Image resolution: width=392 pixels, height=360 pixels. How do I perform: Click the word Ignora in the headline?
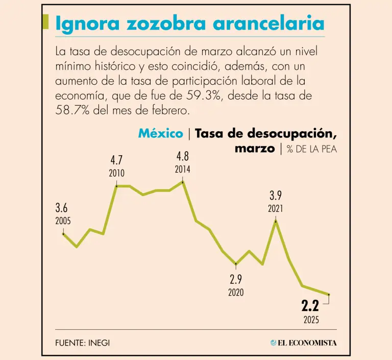85,24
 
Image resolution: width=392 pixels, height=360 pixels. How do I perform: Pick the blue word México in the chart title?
160,134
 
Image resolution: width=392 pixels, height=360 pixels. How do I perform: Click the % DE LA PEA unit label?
311,149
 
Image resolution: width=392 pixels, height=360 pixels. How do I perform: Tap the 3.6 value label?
62,208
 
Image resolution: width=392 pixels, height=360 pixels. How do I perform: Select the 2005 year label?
63,221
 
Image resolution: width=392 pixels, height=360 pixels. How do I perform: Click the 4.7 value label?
116,160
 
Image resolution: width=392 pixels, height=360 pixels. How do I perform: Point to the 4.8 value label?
183,156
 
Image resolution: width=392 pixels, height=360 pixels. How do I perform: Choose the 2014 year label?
183,169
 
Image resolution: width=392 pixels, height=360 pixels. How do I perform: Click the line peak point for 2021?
276,221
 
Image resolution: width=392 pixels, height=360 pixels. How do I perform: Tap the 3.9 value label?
276,196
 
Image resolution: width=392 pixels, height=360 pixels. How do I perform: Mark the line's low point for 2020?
236,264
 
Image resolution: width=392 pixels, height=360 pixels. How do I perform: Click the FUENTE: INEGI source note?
82,343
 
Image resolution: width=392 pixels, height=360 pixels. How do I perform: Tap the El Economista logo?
304,343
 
